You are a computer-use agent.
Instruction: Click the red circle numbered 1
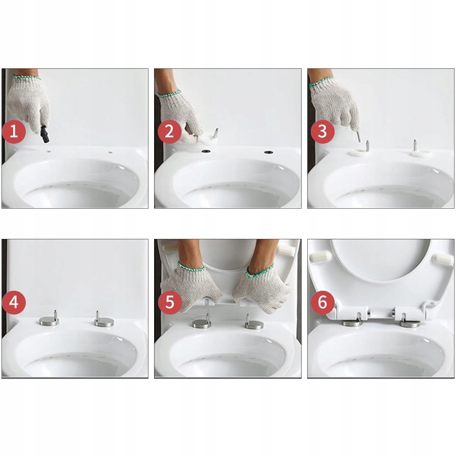(14, 132)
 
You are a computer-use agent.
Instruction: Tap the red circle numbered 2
(169, 132)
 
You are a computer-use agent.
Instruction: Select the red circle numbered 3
(323, 132)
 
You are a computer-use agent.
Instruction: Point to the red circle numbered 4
(14, 302)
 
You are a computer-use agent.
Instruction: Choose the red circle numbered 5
(170, 302)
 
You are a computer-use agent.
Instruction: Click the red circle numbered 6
(323, 302)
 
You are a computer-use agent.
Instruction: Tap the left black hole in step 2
(206, 151)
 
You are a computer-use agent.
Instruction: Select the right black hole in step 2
(268, 152)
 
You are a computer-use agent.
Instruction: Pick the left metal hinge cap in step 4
(49, 320)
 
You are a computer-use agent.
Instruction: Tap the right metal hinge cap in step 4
(104, 321)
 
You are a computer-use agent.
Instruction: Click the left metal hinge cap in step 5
(202, 323)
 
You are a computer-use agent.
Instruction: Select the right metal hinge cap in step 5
(254, 324)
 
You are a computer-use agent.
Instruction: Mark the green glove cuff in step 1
(27, 77)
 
